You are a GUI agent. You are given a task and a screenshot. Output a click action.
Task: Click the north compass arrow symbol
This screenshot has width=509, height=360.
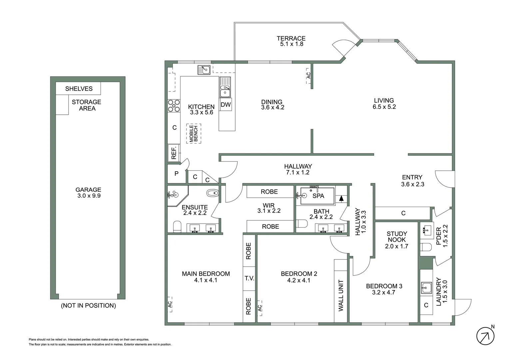485,336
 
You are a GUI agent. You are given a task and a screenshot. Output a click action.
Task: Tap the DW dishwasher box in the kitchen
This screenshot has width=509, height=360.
226,105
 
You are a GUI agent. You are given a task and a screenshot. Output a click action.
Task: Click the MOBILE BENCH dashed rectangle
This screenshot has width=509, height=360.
194,133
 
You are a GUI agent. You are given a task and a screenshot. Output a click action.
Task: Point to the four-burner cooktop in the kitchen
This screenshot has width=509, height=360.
174,105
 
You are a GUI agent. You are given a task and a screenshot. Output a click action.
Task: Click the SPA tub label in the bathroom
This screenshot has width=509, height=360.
318,196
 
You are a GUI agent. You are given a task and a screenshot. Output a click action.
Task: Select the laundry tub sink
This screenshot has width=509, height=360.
426,287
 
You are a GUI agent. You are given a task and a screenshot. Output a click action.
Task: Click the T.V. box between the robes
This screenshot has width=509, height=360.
249,278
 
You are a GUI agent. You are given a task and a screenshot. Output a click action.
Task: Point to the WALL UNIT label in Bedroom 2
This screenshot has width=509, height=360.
341,295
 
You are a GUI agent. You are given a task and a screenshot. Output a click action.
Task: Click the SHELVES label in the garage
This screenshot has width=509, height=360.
79,89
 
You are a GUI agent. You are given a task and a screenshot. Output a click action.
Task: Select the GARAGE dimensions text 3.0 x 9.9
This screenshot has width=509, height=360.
89,196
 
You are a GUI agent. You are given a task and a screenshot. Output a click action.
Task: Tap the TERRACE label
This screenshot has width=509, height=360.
291,39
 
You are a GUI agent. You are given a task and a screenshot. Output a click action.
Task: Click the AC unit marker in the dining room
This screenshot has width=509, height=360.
308,76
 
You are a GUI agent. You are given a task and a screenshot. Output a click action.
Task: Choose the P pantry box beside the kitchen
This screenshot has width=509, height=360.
176,174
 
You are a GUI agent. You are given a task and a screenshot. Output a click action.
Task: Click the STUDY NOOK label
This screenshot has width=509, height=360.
396,237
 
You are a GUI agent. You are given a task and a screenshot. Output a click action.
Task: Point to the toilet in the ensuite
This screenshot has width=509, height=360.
177,227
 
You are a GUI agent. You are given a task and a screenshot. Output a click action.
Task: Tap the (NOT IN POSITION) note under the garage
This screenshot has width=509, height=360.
88,306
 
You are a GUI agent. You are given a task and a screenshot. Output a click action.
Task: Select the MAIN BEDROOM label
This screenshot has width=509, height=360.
206,274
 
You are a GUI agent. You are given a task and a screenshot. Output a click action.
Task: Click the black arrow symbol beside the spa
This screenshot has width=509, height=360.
341,198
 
